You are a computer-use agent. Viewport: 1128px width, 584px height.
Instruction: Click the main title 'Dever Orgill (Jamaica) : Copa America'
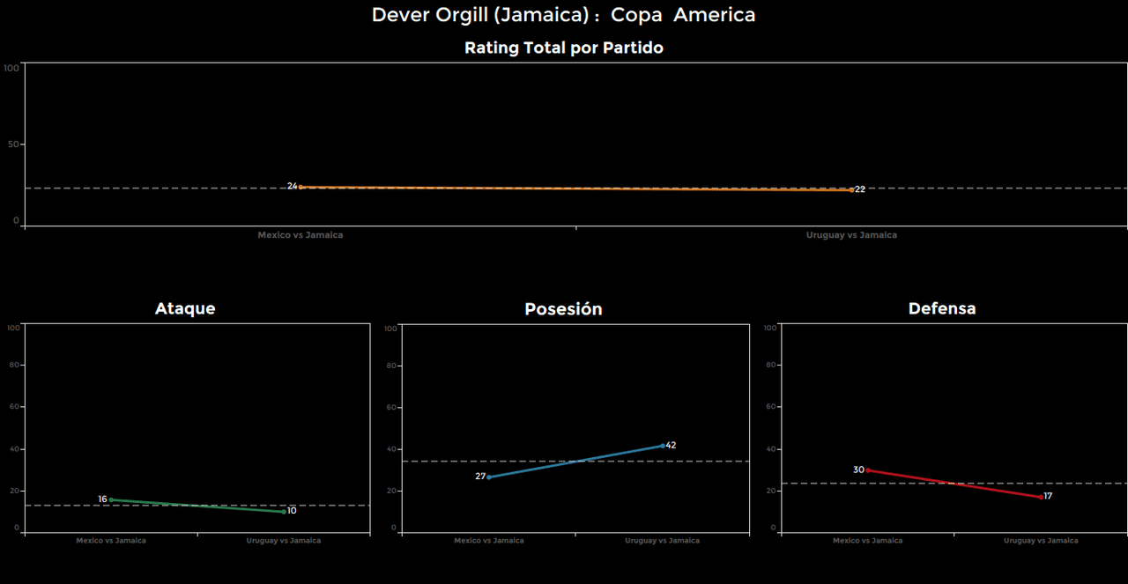[x=563, y=15]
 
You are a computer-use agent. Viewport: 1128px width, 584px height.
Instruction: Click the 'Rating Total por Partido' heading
[x=563, y=48]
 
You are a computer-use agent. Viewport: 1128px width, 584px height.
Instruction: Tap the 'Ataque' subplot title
[x=185, y=308]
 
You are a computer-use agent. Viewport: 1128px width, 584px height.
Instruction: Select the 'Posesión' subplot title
[x=563, y=309]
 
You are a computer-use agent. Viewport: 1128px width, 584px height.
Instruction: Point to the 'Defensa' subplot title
[x=941, y=308]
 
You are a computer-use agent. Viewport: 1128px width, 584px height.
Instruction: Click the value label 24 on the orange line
[x=293, y=186]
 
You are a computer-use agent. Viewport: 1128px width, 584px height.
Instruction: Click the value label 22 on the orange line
[x=860, y=189]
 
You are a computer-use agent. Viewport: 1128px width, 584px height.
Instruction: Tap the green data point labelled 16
[x=111, y=499]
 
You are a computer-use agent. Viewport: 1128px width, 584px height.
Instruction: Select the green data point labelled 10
[x=284, y=511]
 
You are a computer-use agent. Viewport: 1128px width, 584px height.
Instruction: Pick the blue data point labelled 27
[x=489, y=477]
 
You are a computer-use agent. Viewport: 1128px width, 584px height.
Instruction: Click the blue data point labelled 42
[x=663, y=446]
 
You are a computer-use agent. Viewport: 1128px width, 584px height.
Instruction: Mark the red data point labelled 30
[x=868, y=470]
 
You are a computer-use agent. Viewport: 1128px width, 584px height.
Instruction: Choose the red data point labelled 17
[x=1041, y=497]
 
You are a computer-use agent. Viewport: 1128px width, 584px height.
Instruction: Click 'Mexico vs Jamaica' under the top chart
[x=301, y=235]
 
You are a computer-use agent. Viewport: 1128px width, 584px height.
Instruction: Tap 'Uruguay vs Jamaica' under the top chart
[x=851, y=235]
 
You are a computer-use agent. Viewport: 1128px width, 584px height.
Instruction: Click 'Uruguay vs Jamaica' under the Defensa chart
[x=1041, y=541]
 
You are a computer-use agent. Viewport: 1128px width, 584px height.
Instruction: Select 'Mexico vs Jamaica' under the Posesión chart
[x=489, y=541]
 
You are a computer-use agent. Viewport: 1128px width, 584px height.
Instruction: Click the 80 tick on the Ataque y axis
[x=13, y=365]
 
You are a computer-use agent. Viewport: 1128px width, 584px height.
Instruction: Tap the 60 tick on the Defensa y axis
[x=770, y=407]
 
